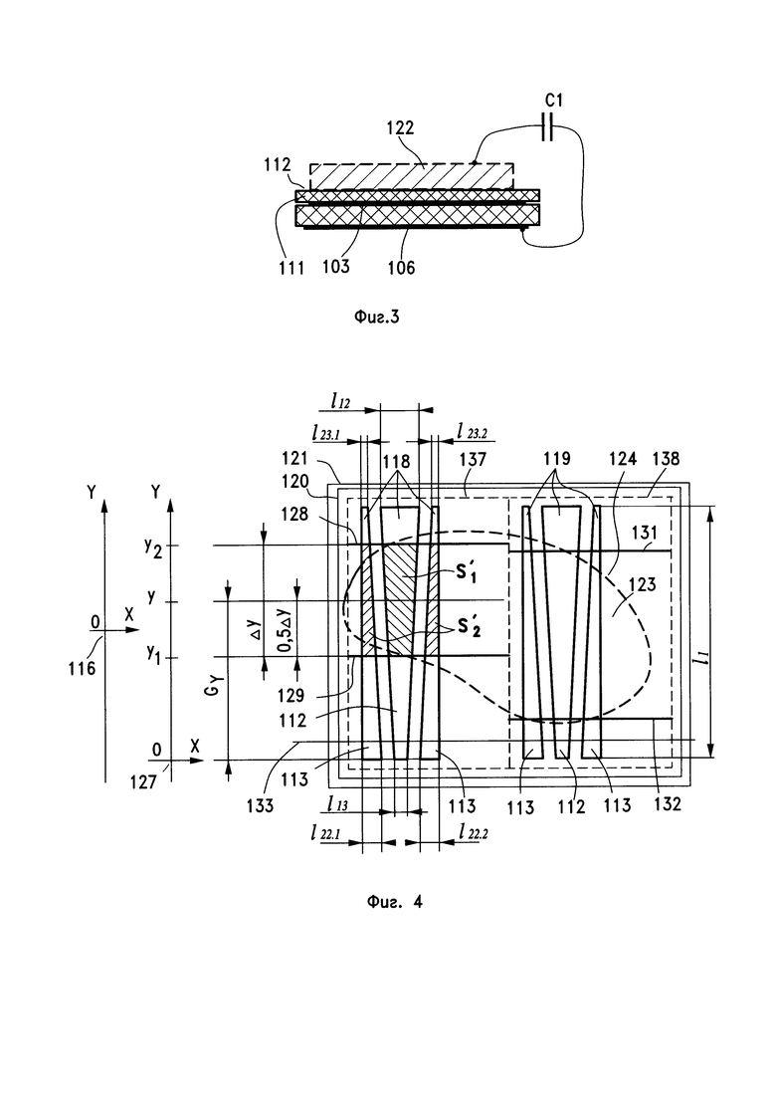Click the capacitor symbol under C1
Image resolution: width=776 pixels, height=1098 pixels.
point(548,126)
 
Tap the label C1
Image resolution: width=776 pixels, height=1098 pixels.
point(553,101)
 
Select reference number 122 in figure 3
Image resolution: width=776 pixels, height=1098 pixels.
point(400,127)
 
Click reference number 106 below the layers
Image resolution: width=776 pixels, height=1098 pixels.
point(401,267)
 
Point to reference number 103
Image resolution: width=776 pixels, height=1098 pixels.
point(336,266)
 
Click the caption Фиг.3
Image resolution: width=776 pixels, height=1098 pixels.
point(376,318)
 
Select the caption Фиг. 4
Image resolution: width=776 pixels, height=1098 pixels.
point(395,901)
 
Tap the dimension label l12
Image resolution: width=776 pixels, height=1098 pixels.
point(340,401)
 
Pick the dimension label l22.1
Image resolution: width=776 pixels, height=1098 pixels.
point(325,832)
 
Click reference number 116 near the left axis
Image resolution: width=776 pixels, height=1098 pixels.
point(82,668)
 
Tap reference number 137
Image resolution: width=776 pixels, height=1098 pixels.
point(473,459)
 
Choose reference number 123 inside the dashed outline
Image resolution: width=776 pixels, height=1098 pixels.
point(643,583)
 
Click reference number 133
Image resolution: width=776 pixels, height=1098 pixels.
point(260,806)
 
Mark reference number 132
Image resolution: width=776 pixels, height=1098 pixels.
point(667,804)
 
